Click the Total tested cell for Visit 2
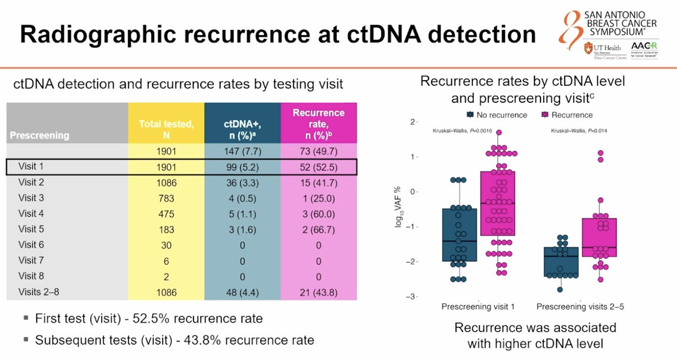click(166, 183)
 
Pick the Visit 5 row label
click(31, 229)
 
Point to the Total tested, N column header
click(166, 124)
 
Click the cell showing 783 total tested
click(166, 198)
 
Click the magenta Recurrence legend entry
click(566, 115)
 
